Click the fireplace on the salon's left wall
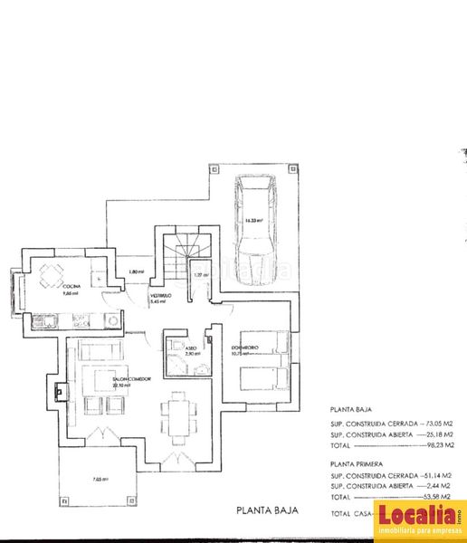click(60, 392)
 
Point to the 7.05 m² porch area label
click(100, 479)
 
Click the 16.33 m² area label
click(253, 219)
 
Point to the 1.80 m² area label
click(136, 271)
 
